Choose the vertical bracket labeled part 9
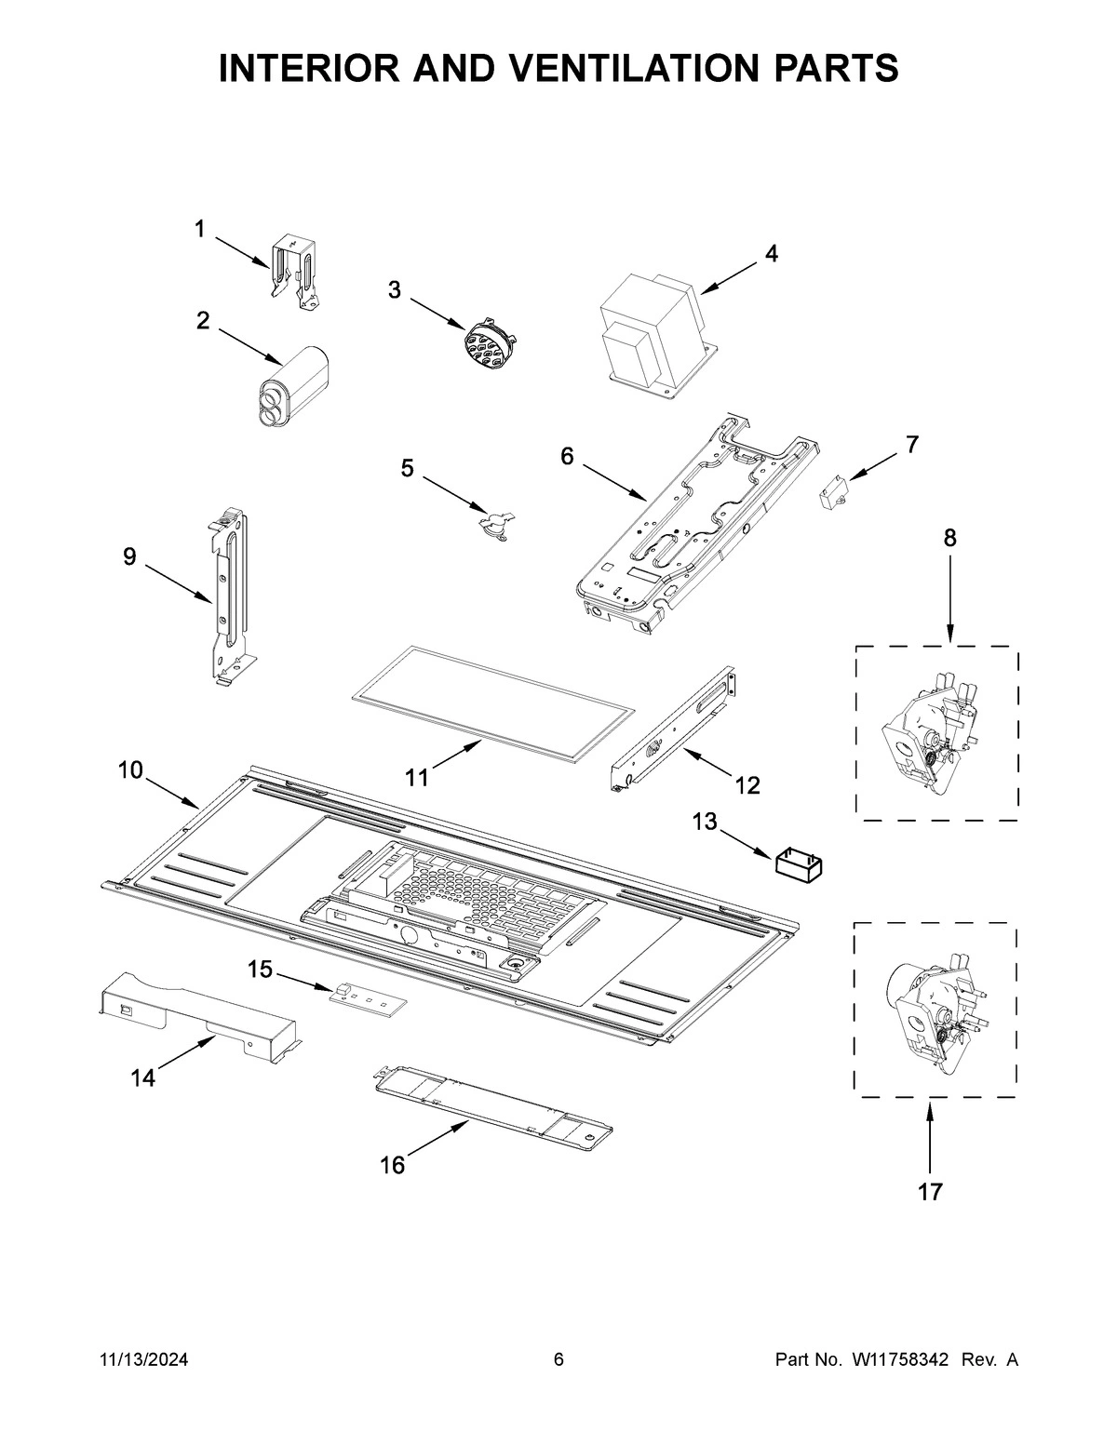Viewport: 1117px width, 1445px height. pos(228,595)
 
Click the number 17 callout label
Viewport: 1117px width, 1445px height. pos(930,1191)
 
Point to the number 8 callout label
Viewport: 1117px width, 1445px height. pos(949,538)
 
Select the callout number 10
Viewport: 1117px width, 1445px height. pos(130,770)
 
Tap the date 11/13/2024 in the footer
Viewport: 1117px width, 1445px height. pos(143,1360)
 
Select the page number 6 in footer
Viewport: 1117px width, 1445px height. pos(558,1360)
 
